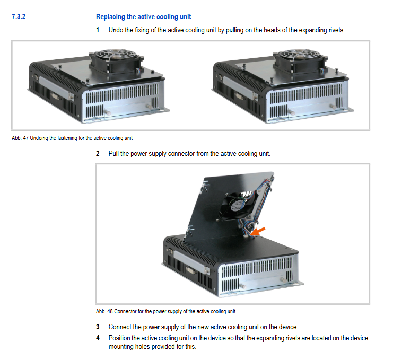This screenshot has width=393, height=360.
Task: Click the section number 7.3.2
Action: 19,17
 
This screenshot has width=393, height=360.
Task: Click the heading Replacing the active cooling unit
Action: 143,17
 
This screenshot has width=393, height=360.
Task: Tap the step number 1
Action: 98,30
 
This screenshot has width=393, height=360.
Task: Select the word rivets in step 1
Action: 336,30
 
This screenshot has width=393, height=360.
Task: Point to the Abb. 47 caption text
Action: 72,138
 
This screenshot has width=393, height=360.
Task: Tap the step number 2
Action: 98,153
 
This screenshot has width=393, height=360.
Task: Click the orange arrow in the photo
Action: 258,232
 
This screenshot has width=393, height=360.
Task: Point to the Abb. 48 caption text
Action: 165,311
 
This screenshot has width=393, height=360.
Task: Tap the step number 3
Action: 98,327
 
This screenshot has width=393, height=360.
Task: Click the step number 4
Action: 98,338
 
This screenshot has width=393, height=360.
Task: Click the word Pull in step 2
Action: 113,153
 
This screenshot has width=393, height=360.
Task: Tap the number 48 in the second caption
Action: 110,311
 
